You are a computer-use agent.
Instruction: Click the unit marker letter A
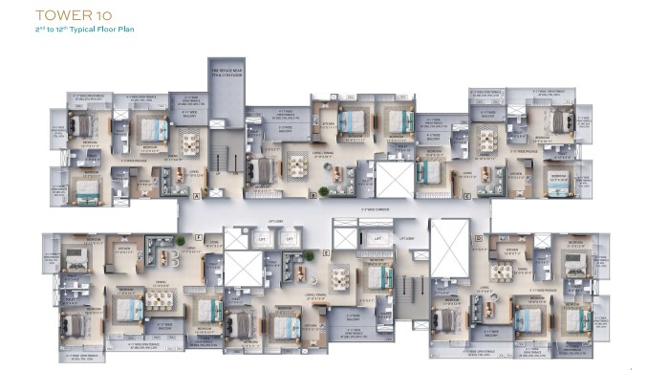tap(196, 195)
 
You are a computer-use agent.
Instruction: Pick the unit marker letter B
tap(313, 195)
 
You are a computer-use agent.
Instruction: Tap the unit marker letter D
tap(478, 238)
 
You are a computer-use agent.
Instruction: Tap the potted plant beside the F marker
tap(179, 241)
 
